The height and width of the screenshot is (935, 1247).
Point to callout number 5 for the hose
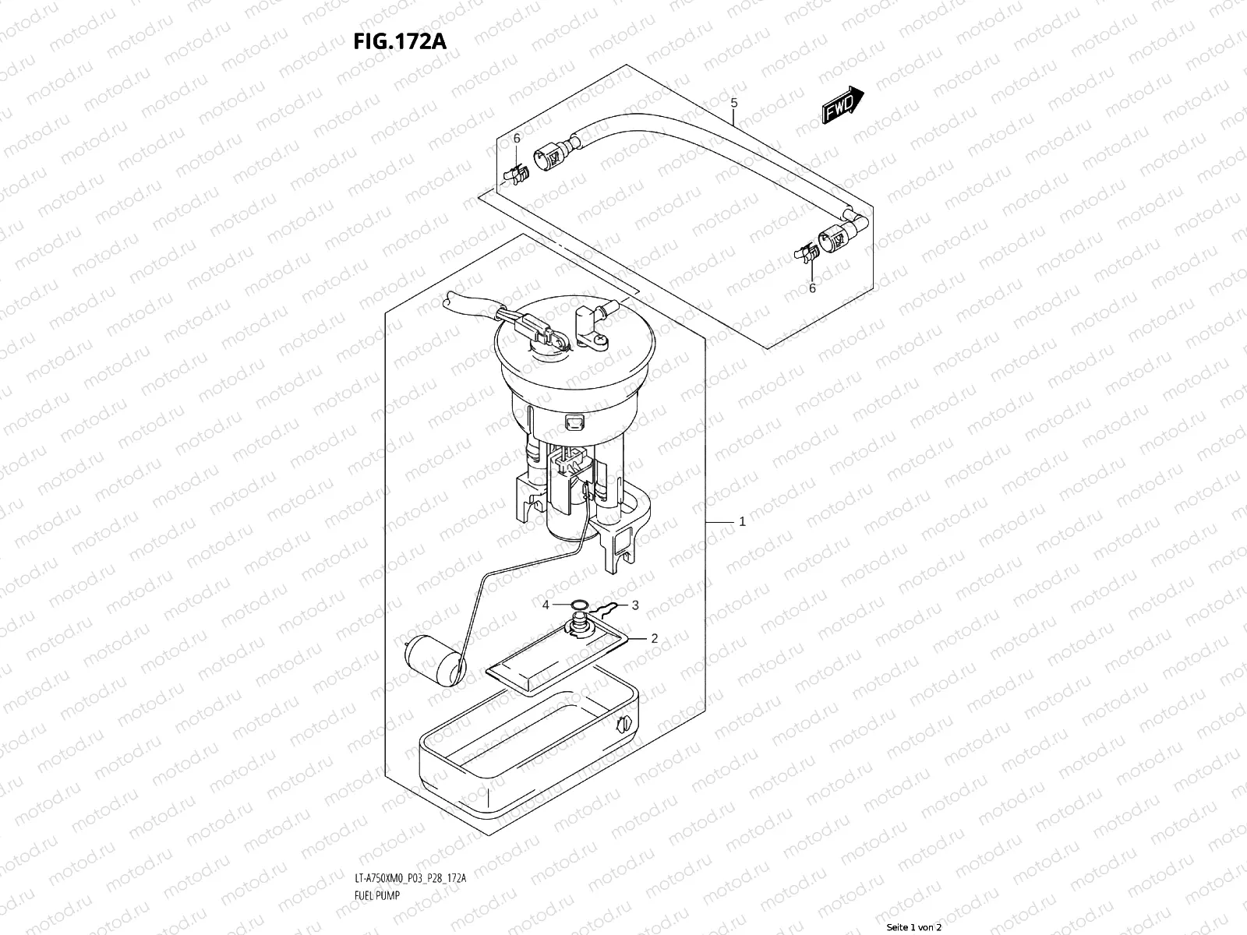pos(733,103)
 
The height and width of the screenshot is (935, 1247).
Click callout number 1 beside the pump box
pos(742,521)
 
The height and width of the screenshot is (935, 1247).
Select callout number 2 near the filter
pos(654,637)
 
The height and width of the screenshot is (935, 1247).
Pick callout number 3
pos(634,605)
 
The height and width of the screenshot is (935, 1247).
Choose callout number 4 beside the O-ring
pos(546,605)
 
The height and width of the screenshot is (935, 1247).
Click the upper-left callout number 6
pos(516,138)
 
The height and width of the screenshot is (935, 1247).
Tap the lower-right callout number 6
pos(811,288)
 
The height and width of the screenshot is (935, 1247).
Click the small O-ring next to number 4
pos(577,605)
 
